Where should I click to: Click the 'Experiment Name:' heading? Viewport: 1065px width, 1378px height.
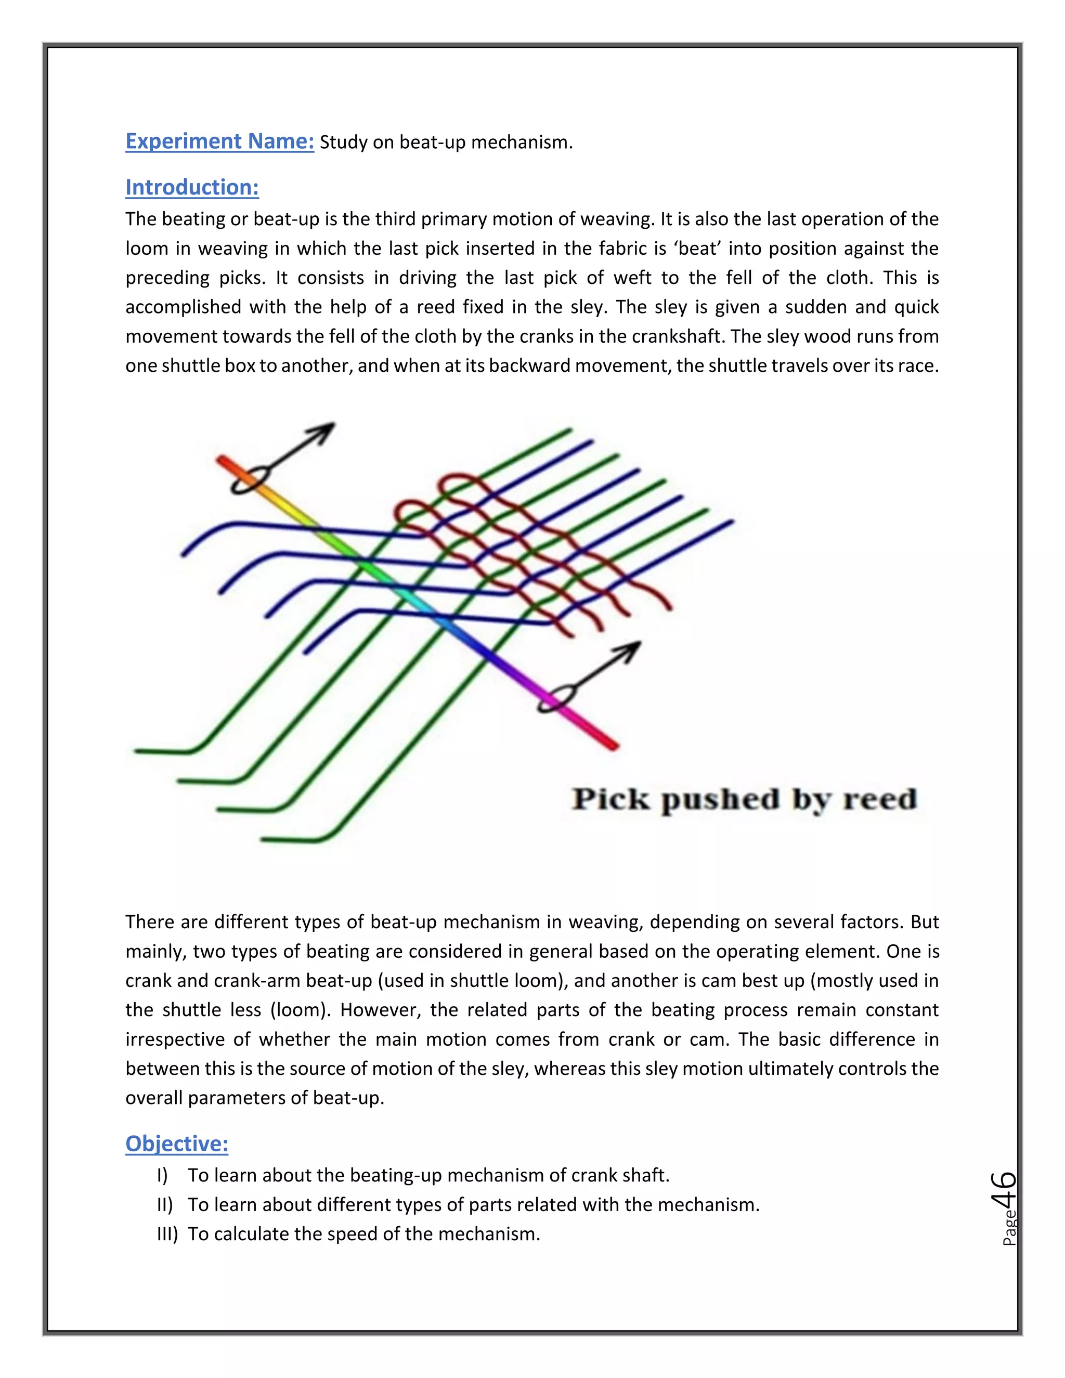tap(219, 141)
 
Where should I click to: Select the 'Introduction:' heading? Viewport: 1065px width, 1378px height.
tap(192, 187)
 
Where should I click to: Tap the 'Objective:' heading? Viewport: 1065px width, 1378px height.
tap(177, 1143)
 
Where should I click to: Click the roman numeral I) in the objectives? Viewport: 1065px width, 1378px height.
tap(163, 1176)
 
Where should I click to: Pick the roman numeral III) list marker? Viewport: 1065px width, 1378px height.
tap(167, 1234)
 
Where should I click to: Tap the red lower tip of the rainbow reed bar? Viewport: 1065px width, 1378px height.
tap(612, 746)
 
